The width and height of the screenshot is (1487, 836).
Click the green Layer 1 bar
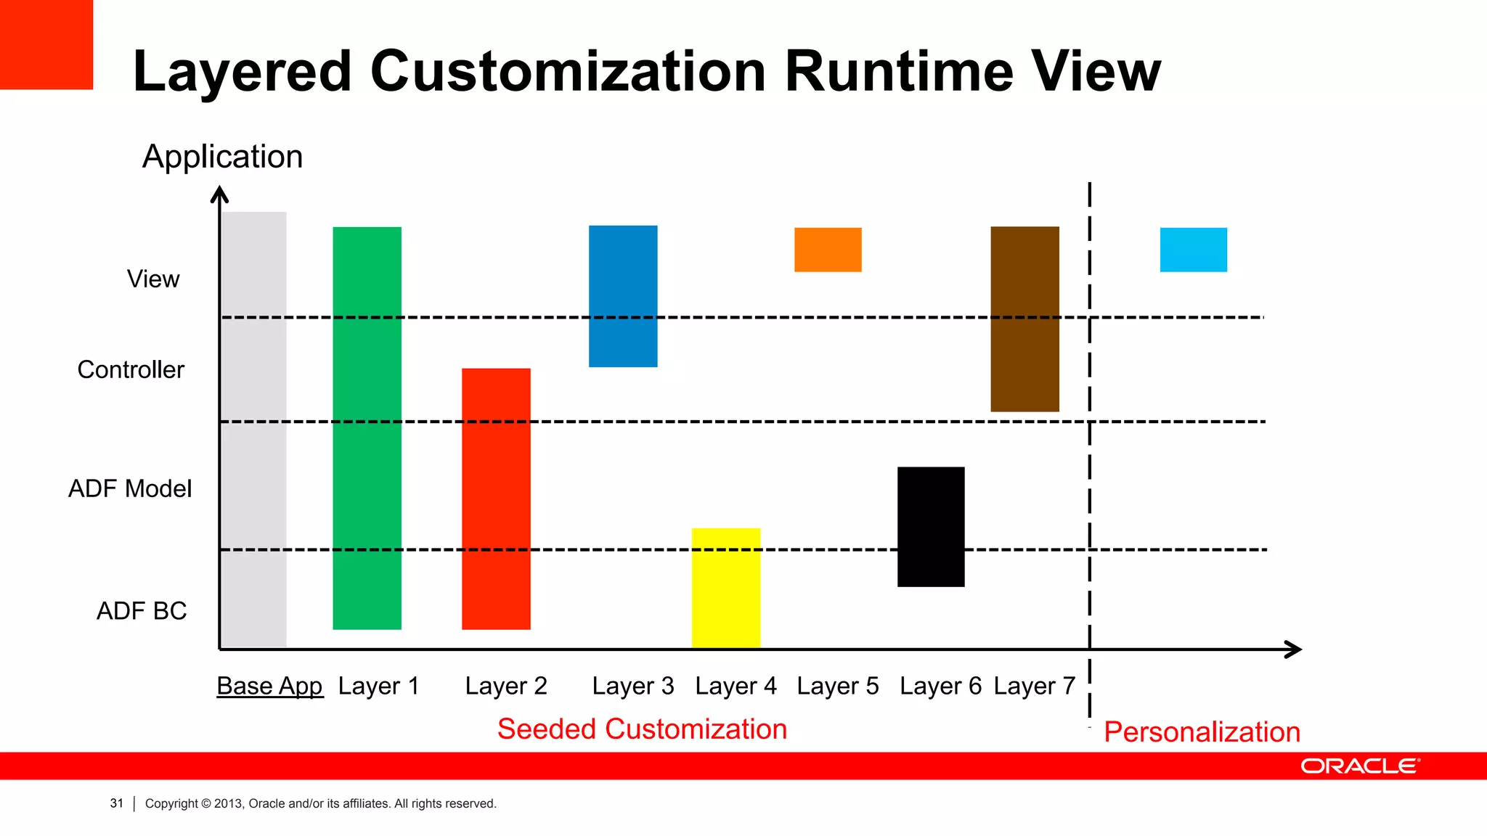(367, 428)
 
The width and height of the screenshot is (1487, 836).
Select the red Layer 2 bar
(496, 499)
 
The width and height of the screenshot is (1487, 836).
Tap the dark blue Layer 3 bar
(623, 296)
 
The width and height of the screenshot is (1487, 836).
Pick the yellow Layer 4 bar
(726, 588)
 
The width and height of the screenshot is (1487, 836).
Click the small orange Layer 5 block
(828, 250)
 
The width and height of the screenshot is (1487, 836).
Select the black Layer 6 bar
(931, 527)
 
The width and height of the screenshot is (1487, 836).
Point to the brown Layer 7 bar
(1024, 319)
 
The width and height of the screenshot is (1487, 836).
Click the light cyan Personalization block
(1193, 250)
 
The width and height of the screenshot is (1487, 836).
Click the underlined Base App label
(269, 686)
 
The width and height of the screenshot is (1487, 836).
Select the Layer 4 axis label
(736, 686)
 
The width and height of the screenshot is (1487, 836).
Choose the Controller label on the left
(131, 370)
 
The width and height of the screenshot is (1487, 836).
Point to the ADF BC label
(142, 611)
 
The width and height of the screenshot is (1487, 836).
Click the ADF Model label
(130, 488)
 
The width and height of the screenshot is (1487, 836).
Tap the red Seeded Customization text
(642, 729)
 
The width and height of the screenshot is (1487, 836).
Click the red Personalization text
(1202, 731)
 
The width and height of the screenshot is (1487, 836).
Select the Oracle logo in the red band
(1359, 766)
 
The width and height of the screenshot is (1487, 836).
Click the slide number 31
(116, 803)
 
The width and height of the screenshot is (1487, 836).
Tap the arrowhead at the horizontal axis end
(1294, 649)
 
